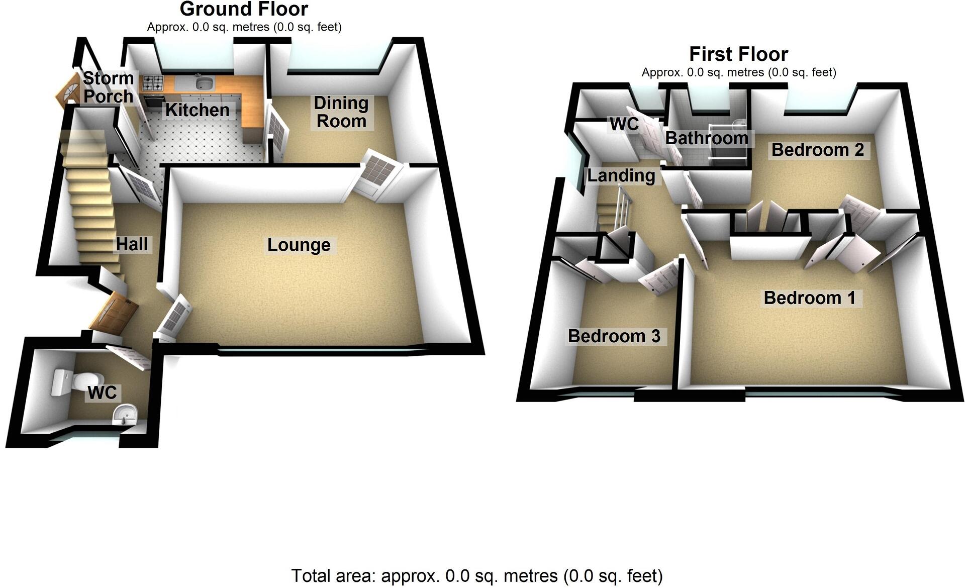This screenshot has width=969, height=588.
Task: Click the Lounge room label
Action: pos(299,245)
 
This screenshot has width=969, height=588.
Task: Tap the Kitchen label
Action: pos(197,110)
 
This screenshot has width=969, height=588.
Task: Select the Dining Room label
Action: pos(341,112)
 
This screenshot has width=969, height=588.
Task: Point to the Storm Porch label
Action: pos(108,87)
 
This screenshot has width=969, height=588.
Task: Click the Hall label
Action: pos(132,244)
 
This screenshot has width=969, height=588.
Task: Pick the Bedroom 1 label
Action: pos(809,298)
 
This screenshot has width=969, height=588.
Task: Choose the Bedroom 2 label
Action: pos(817,150)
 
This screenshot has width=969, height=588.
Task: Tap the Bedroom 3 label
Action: pos(614,336)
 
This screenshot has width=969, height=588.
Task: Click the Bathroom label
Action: pos(707,138)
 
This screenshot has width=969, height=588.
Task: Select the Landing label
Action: pos(621,175)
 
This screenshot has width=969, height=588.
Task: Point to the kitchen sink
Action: pos(205,82)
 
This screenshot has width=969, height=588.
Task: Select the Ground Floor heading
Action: pos(244,9)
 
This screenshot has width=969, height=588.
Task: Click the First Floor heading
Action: pos(738,54)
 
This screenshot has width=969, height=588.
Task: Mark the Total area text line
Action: pos(476,575)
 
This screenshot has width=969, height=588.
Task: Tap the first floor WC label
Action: pos(624,124)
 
